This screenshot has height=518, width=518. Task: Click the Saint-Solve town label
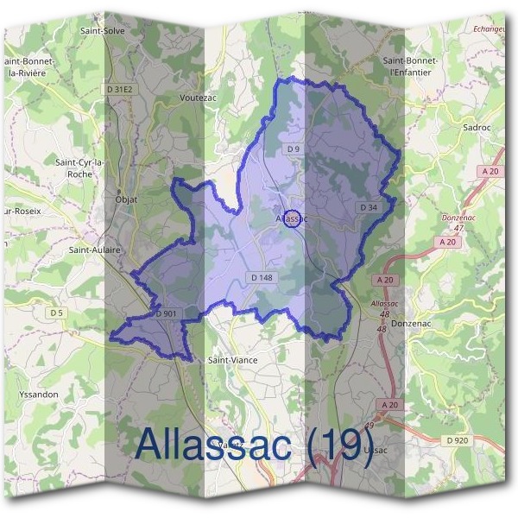pyautogui.click(x=103, y=30)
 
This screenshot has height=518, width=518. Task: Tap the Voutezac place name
pyautogui.click(x=197, y=98)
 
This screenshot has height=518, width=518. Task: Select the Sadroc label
pyautogui.click(x=477, y=127)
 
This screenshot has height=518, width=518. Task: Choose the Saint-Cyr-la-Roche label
pyautogui.click(x=80, y=167)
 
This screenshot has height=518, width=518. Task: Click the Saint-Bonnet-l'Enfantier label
pyautogui.click(x=410, y=66)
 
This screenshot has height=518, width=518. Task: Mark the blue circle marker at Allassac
pyautogui.click(x=292, y=218)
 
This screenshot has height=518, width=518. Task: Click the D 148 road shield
pyautogui.click(x=262, y=277)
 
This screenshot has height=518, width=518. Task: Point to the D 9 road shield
pyautogui.click(x=293, y=149)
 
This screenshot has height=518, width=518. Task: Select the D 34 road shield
pyautogui.click(x=369, y=207)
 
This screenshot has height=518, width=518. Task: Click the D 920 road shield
pyautogui.click(x=458, y=440)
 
